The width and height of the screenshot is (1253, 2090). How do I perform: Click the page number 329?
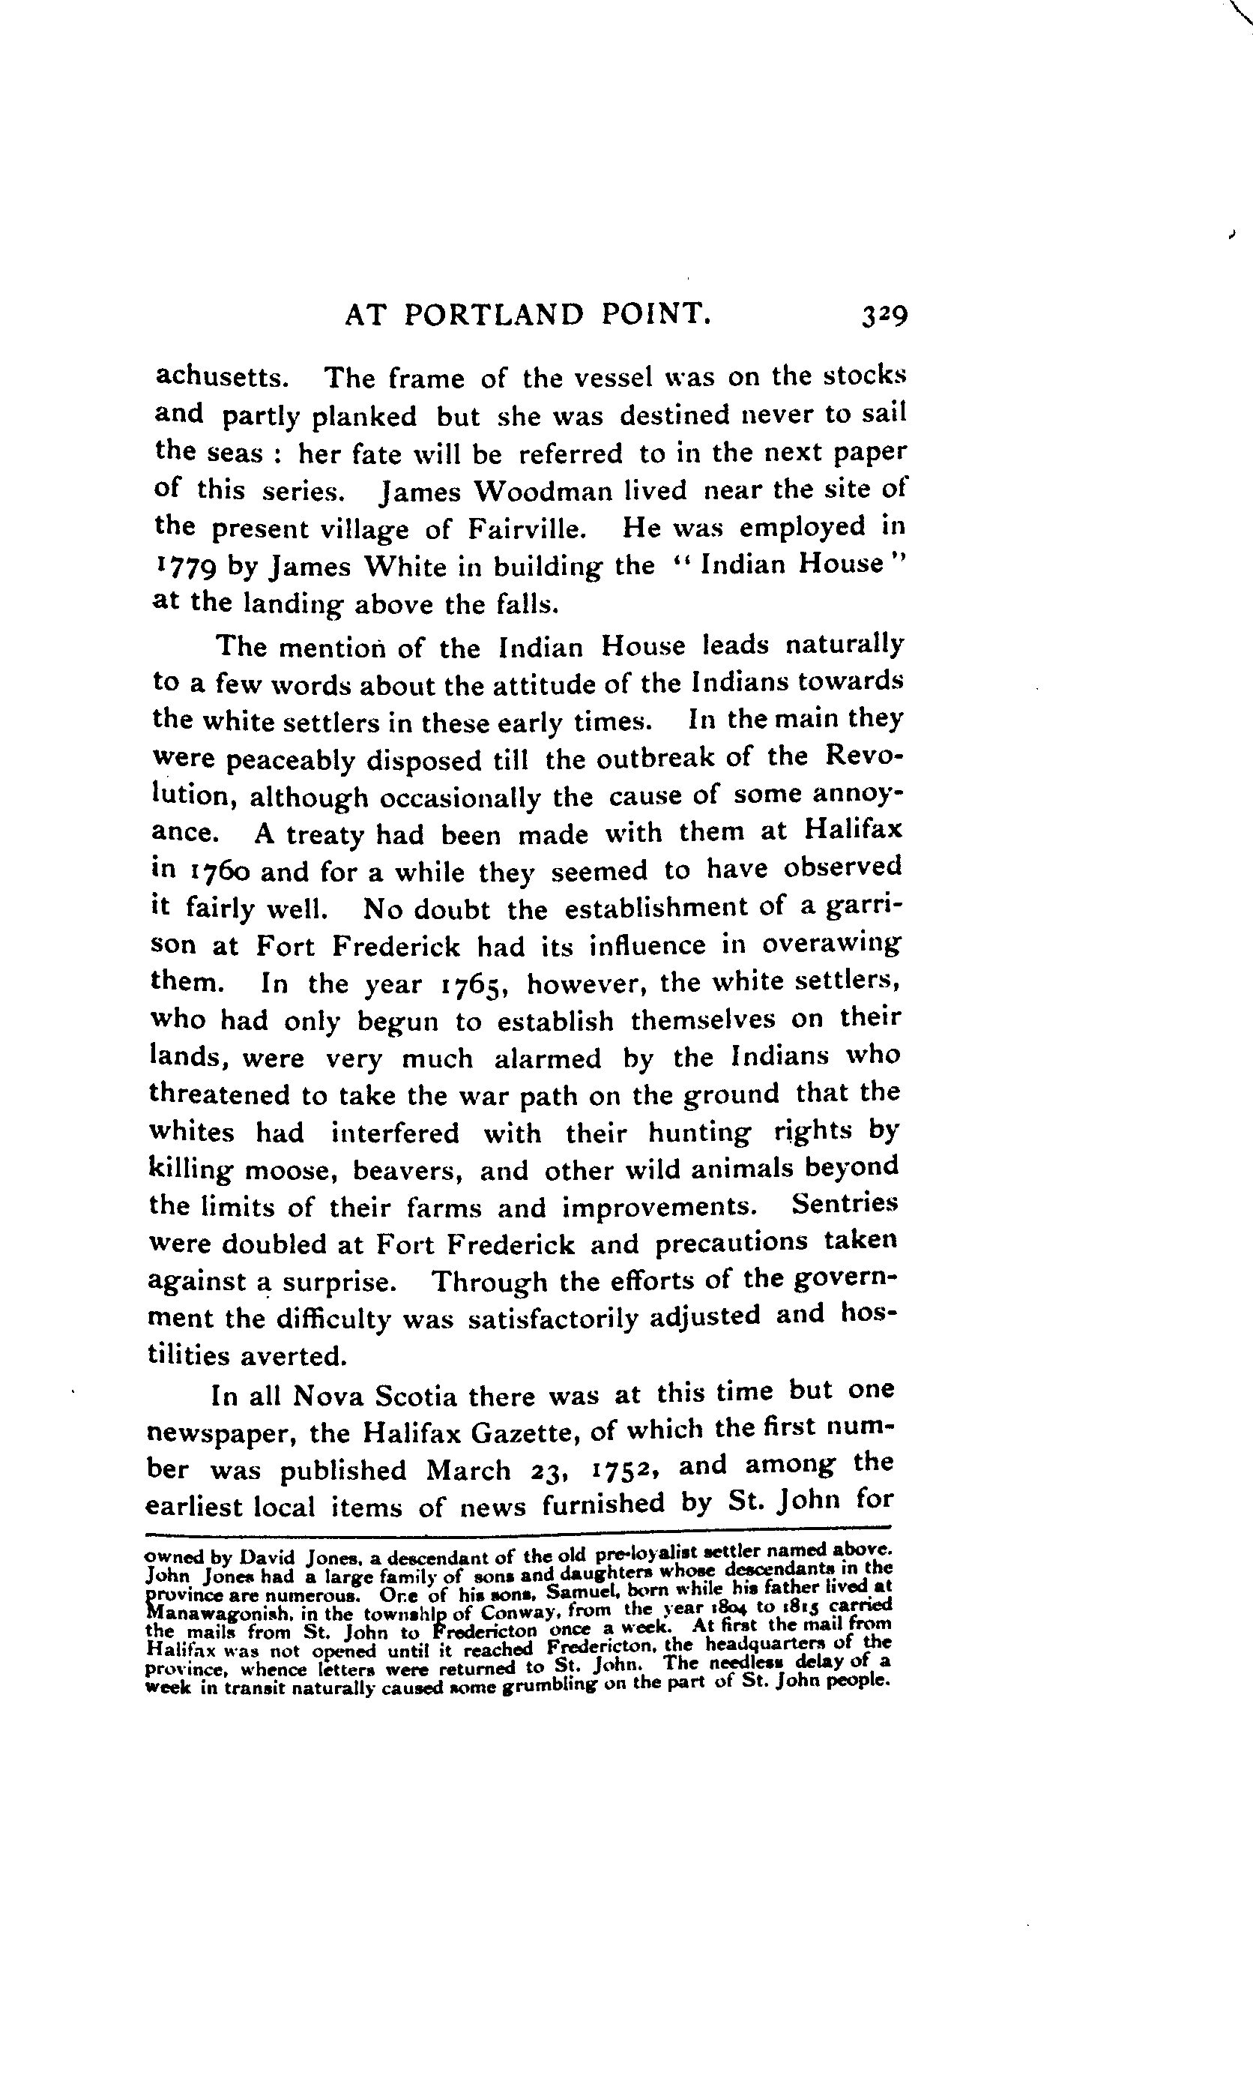pyautogui.click(x=884, y=316)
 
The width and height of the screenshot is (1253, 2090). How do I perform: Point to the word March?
pyautogui.click(x=468, y=1469)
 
